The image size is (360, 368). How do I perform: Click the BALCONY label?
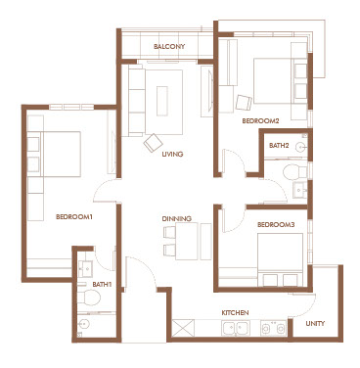pyautogui.click(x=169, y=46)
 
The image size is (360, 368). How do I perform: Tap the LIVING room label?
pyautogui.click(x=172, y=154)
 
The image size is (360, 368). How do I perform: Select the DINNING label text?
pyautogui.click(x=177, y=218)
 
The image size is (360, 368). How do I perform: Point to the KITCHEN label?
pyautogui.click(x=235, y=312)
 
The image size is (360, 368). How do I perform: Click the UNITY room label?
pyautogui.click(x=315, y=324)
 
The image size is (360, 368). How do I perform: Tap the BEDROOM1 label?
pyautogui.click(x=74, y=216)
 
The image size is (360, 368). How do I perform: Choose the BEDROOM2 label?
pyautogui.click(x=260, y=121)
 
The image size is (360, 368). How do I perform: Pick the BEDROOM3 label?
pyautogui.click(x=276, y=225)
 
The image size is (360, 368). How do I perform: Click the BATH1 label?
pyautogui.click(x=102, y=285)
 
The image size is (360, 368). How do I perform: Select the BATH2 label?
pyautogui.click(x=279, y=146)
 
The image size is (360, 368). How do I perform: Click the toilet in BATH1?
pyautogui.click(x=90, y=298)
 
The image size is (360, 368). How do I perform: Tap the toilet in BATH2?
pyautogui.click(x=294, y=172)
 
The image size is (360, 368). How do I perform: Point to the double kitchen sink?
pyautogui.click(x=236, y=328)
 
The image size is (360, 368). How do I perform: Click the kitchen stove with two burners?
pyautogui.click(x=273, y=328)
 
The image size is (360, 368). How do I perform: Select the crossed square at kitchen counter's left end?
pyautogui.click(x=183, y=328)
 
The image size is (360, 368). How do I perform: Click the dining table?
pyautogui.click(x=187, y=241)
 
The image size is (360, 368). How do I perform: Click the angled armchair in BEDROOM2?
pyautogui.click(x=244, y=103)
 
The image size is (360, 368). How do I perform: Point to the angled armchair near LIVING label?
pyautogui.click(x=154, y=143)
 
